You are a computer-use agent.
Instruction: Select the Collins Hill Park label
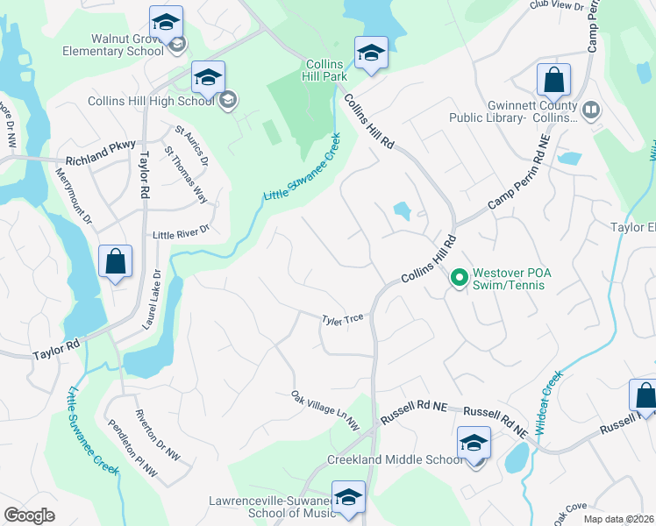(330, 71)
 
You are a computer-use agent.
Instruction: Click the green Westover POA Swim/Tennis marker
(458, 279)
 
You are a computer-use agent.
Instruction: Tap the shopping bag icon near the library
(553, 80)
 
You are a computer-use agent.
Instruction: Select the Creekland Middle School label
(394, 459)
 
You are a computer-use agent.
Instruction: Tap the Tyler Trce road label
(342, 322)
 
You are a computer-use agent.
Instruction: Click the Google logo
(29, 515)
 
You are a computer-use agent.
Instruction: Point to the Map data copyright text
(618, 519)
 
